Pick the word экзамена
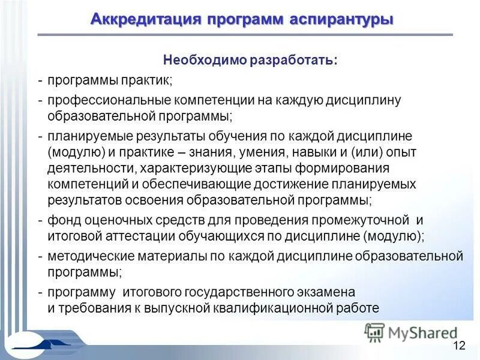(x=327, y=292)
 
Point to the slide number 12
(x=459, y=344)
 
